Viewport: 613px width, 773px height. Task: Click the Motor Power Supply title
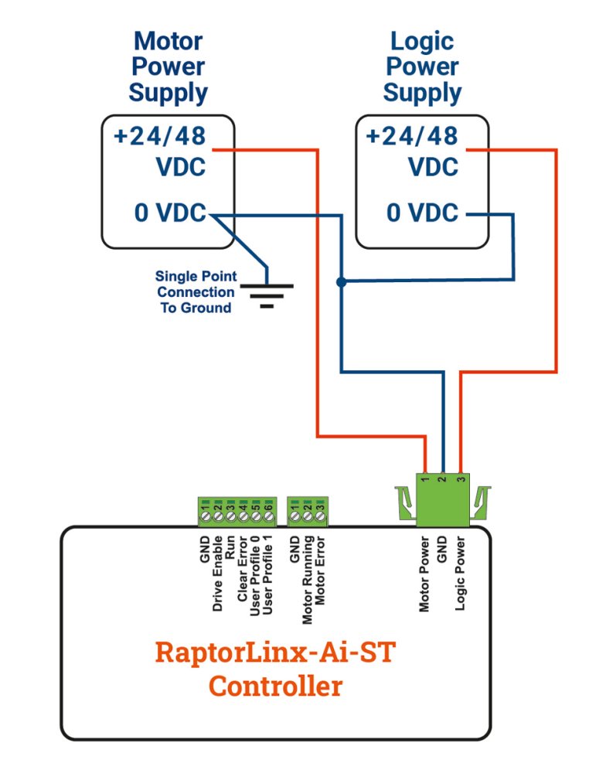click(168, 66)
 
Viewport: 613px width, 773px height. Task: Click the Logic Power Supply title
click(422, 66)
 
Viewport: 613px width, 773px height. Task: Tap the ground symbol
click(267, 294)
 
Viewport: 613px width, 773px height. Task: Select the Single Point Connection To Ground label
click(196, 292)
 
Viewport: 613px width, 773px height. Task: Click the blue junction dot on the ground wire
click(341, 282)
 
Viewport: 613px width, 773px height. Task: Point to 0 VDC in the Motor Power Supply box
click(170, 213)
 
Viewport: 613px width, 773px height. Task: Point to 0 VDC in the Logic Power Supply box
click(422, 213)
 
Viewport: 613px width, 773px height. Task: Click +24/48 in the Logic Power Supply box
click(411, 137)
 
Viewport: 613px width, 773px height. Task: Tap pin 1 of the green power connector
click(425, 480)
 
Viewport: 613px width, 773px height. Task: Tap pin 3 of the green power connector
click(461, 480)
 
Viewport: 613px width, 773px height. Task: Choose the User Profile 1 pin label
click(267, 579)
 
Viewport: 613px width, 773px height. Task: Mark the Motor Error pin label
click(319, 573)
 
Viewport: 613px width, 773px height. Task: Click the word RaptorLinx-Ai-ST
click(275, 652)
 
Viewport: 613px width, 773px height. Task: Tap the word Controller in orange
click(275, 686)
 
